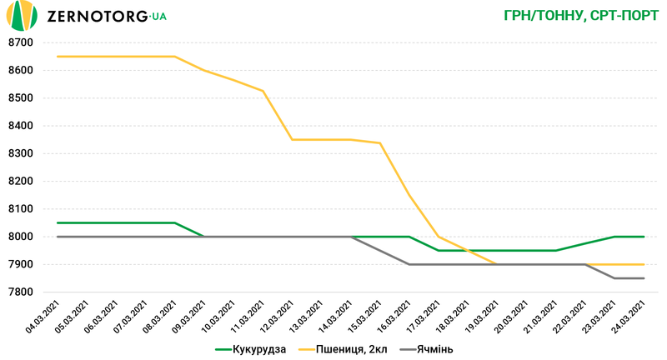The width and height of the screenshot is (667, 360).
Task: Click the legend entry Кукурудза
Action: click(x=251, y=349)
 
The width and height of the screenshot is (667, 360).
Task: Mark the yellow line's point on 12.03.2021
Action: click(x=292, y=139)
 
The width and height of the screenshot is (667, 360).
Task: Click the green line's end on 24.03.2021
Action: click(x=644, y=237)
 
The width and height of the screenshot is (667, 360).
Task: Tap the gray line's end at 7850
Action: click(x=644, y=278)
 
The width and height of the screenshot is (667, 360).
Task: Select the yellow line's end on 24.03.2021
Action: click(x=644, y=264)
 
